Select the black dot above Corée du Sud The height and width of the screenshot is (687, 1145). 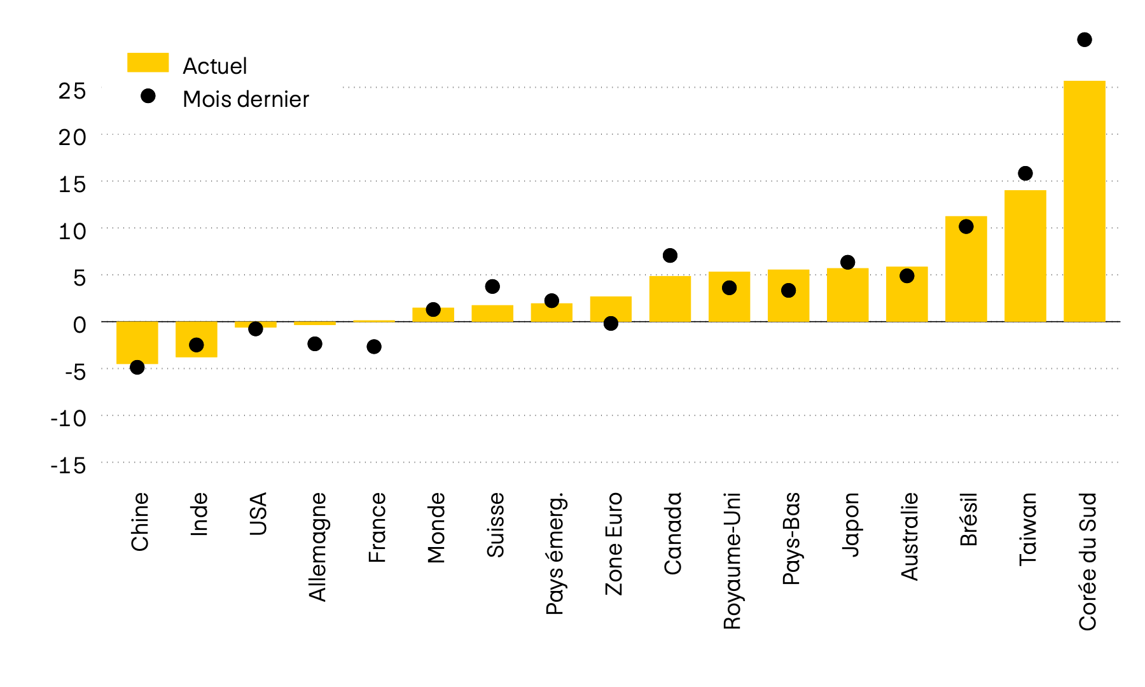[1085, 40]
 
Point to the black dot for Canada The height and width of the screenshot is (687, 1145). [670, 256]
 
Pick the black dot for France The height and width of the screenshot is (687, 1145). [374, 347]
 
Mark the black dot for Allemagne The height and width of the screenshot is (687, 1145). [315, 344]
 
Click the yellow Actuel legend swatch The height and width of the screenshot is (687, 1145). [148, 62]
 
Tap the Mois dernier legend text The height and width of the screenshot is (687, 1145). [246, 99]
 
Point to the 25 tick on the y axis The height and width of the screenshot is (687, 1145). [72, 90]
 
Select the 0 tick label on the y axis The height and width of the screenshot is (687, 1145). [79, 325]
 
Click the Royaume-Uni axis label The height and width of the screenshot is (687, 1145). [732, 560]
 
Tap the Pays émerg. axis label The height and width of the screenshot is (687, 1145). [555, 553]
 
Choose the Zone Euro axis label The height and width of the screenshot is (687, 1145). [614, 543]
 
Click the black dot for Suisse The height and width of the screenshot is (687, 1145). [492, 287]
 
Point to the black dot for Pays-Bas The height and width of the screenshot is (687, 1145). [788, 291]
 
